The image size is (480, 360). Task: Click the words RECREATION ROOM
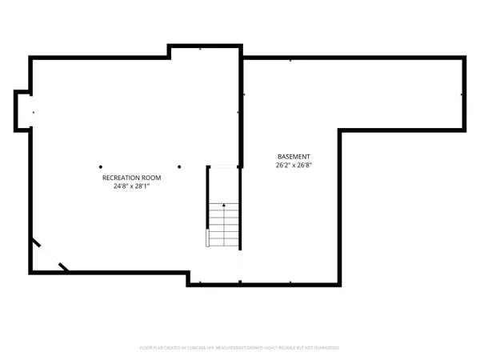point(131,177)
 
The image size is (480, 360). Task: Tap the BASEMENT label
point(294,157)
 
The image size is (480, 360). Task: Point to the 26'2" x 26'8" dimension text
point(294,166)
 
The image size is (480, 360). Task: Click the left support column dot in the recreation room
point(101,166)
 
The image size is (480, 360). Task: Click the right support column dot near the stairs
point(181,166)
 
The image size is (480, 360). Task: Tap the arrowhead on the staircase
point(224,206)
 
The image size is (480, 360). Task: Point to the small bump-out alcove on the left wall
point(22,110)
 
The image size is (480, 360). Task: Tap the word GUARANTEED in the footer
point(326,348)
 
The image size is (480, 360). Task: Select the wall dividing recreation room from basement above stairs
point(242,108)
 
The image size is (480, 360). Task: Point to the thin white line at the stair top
point(224,166)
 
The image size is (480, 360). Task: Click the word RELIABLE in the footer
point(290,348)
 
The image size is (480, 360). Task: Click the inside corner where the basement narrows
point(341,130)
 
